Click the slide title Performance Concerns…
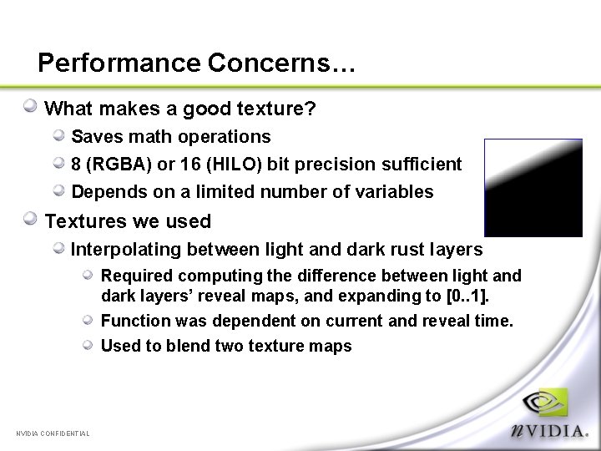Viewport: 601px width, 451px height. click(x=197, y=63)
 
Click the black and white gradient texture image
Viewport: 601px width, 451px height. click(x=533, y=188)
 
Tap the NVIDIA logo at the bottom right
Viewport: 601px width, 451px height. click(x=550, y=414)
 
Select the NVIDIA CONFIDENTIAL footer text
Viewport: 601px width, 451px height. click(x=53, y=433)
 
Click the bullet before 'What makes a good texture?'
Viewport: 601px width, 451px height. click(x=30, y=106)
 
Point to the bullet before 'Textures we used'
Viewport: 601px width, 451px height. click(x=30, y=219)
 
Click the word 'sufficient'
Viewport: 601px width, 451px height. click(x=422, y=165)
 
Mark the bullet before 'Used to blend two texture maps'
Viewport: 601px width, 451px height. click(x=88, y=344)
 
